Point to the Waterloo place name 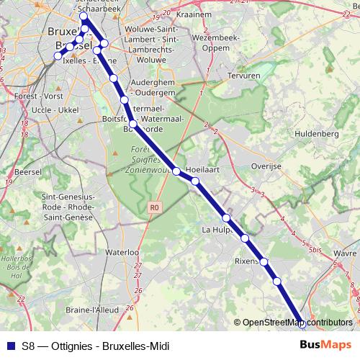(x=121, y=253)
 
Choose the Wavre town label (x=346, y=253)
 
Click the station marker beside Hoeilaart (x=195, y=181)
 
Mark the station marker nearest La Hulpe (x=226, y=217)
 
